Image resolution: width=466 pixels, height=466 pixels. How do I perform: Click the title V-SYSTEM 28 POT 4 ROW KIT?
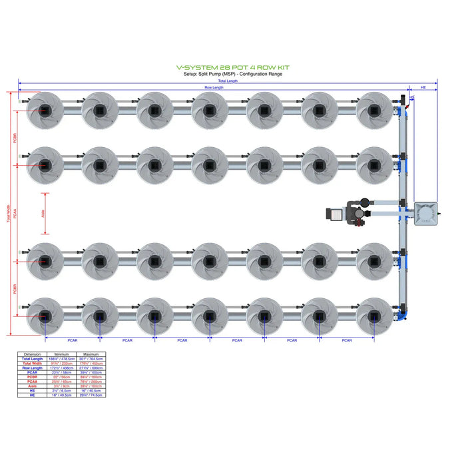click(232, 67)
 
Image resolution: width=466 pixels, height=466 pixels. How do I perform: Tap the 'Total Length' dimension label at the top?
click(228, 81)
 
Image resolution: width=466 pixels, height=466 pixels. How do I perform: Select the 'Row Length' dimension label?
click(213, 88)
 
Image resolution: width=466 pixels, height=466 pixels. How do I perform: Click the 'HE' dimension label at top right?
click(423, 88)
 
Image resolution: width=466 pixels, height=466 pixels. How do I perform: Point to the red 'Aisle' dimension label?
click(43, 214)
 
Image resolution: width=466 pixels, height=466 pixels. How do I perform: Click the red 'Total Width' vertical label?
click(9, 214)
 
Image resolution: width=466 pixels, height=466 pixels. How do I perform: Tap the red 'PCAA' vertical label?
click(14, 214)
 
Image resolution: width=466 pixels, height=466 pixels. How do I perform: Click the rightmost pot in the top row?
click(374, 110)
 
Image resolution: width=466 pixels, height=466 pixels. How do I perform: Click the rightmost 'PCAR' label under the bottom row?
click(346, 340)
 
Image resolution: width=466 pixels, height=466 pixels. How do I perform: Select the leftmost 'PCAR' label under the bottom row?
click(71, 340)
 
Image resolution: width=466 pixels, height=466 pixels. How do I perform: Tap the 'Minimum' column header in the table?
click(63, 353)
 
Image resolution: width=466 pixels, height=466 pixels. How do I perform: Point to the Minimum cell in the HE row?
click(63, 395)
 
